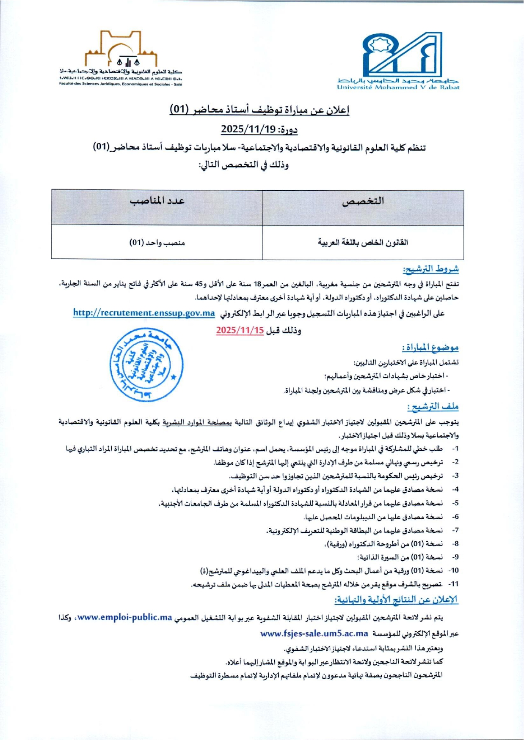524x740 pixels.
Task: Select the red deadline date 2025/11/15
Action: tap(240, 330)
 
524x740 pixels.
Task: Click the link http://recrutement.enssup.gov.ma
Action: tap(144, 313)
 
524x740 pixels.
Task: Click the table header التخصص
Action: tap(363, 201)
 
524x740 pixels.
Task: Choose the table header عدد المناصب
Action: tap(157, 200)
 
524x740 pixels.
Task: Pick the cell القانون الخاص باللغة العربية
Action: tap(363, 242)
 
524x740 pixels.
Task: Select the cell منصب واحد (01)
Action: tap(157, 242)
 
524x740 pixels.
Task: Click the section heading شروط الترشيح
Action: tap(430, 269)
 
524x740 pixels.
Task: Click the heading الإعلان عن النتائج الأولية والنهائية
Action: tap(396, 600)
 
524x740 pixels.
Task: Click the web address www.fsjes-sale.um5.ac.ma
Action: tap(314, 633)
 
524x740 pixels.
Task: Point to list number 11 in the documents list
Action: tap(453, 584)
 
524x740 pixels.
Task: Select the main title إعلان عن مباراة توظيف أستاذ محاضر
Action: tap(259, 110)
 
